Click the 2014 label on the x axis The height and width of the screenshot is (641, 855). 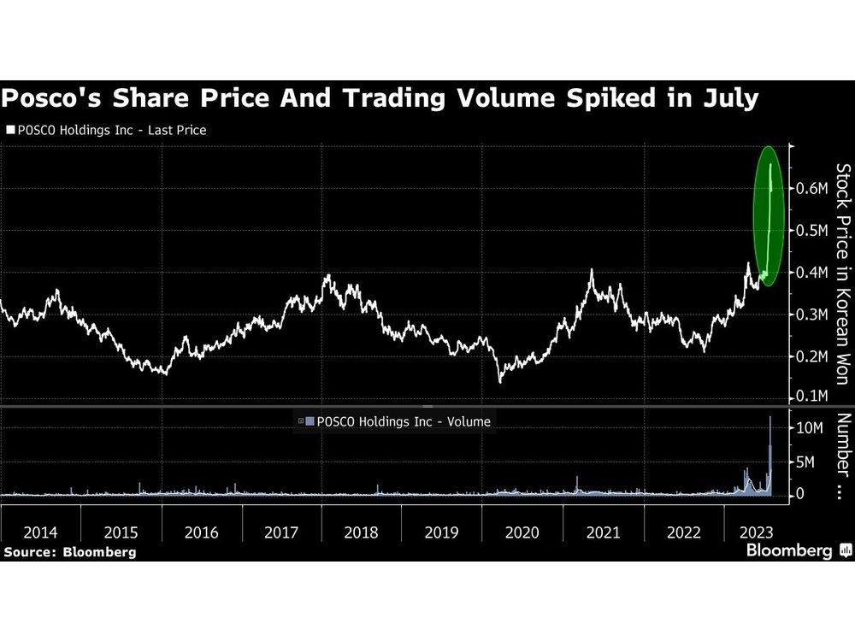tap(40, 532)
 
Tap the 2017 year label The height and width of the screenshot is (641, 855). tap(281, 532)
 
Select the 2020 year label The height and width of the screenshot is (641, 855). tap(522, 532)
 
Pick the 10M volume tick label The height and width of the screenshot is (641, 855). tap(811, 427)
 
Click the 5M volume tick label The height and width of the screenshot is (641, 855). tap(806, 462)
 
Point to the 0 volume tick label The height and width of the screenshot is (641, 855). tap(800, 494)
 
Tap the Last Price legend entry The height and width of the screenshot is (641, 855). tap(107, 131)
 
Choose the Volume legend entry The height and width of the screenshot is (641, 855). tap(398, 420)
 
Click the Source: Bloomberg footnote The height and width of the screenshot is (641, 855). tap(69, 552)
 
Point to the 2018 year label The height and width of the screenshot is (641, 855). tap(362, 532)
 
